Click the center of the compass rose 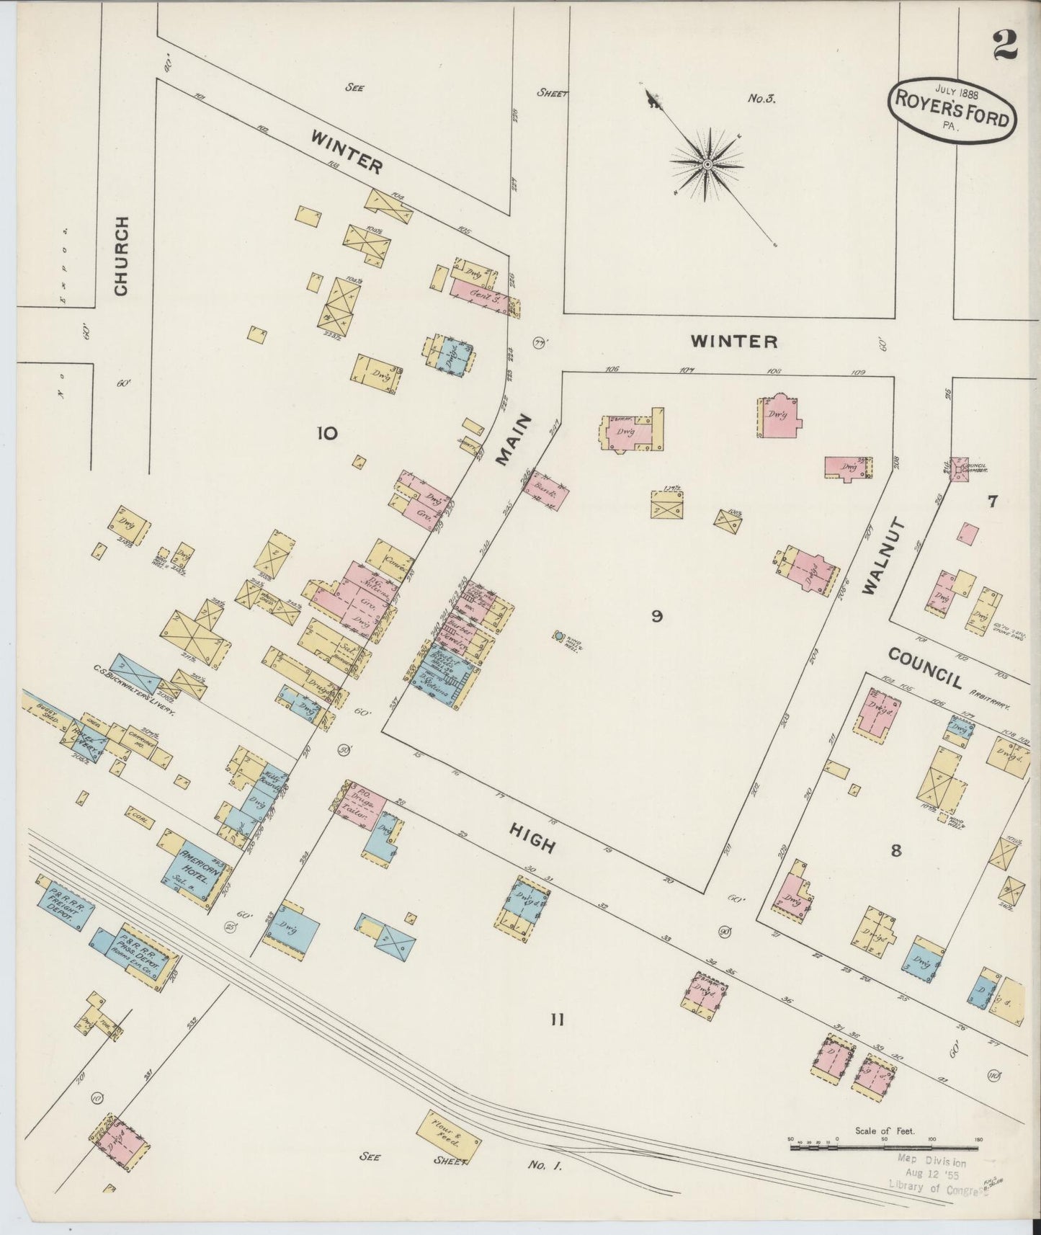[707, 165]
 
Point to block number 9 [656, 616]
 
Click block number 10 [326, 433]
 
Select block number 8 [895, 851]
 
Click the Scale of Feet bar [885, 1146]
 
